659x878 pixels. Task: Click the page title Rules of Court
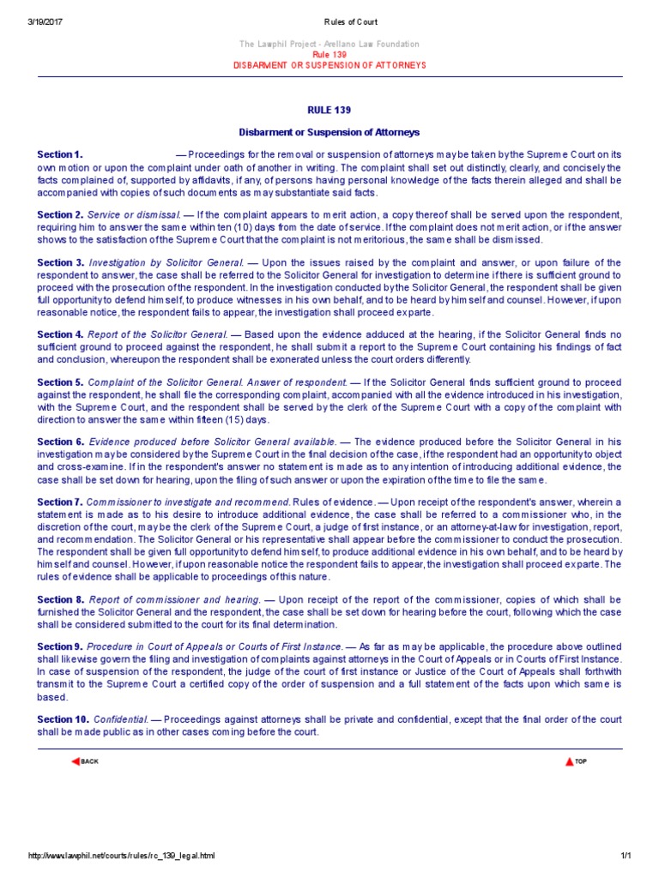329,21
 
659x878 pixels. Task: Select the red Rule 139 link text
329,54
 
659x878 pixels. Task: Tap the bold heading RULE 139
329,111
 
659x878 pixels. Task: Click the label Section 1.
60,154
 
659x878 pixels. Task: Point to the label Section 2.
60,214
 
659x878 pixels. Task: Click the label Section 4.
60,334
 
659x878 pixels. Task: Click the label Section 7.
59,502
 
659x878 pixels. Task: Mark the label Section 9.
59,646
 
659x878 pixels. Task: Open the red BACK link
87,761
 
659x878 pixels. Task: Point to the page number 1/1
625,856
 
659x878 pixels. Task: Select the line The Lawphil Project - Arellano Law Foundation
329,44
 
